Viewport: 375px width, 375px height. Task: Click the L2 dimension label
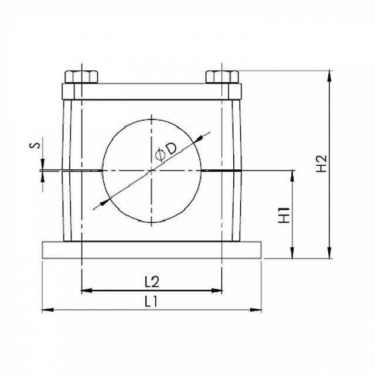(152, 282)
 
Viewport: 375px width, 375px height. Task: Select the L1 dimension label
(151, 301)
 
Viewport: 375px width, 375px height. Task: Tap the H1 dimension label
(285, 215)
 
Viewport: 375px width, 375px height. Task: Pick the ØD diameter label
(166, 151)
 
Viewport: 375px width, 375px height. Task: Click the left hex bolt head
(81, 77)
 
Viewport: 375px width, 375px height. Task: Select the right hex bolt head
(222, 77)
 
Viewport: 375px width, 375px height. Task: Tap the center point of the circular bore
(151, 171)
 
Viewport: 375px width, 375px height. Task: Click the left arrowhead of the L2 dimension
(87, 291)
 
